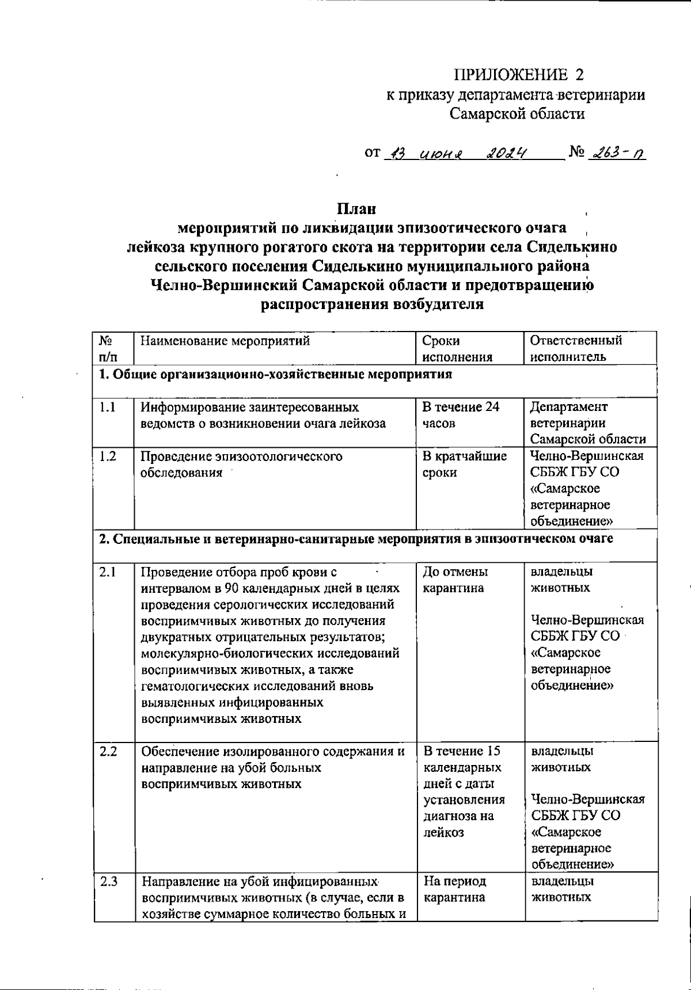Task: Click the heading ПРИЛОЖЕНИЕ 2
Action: [x=519, y=75]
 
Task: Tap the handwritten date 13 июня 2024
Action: [x=457, y=153]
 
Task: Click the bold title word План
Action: [x=356, y=208]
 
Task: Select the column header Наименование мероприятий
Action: [x=226, y=340]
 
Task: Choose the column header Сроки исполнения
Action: [x=458, y=348]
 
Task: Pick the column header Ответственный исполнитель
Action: [x=576, y=348]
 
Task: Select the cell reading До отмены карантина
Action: [x=455, y=580]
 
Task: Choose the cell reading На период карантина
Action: [x=455, y=889]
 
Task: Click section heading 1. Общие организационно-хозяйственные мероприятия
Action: [x=275, y=375]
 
